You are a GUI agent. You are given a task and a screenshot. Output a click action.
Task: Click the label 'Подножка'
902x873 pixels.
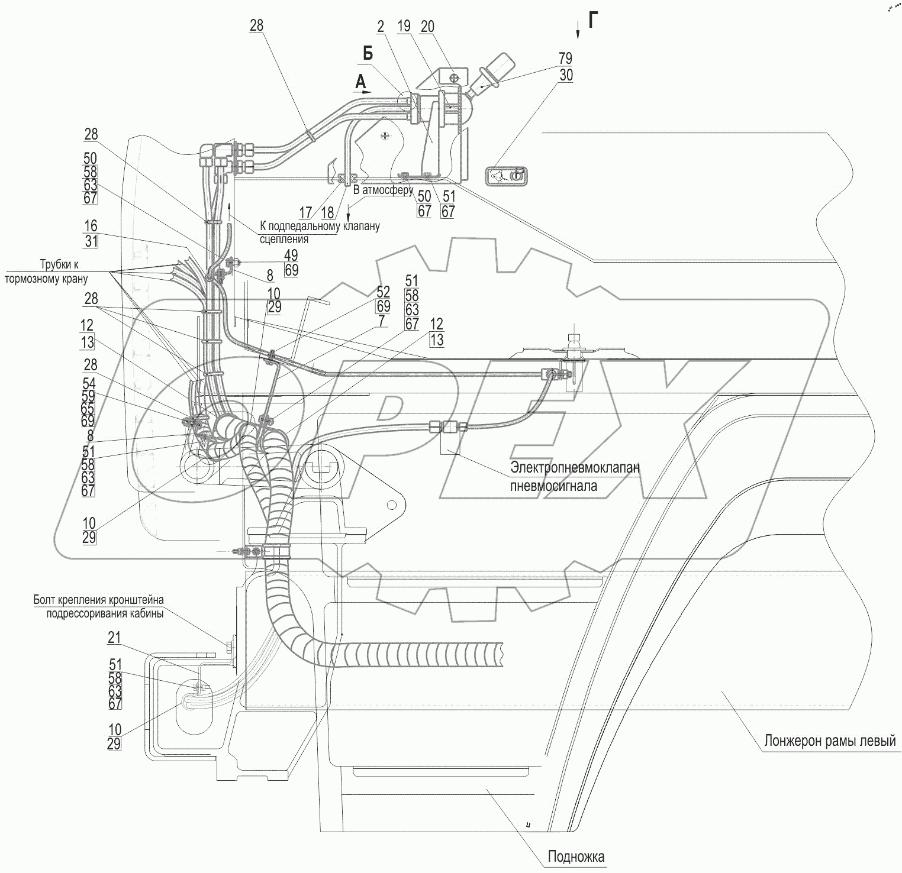576,856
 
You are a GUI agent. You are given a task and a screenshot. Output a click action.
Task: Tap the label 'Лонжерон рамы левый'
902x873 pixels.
829,741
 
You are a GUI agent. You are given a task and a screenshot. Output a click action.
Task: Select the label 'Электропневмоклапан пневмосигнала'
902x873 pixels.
575,476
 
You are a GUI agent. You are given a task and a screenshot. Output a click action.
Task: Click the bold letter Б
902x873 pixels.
368,54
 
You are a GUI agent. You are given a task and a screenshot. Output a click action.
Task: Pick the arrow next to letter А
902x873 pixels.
363,92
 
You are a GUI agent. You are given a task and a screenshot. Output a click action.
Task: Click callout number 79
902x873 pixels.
565,58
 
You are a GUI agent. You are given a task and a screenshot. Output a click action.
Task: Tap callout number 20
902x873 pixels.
427,26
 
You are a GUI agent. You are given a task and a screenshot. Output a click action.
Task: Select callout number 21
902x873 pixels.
114,637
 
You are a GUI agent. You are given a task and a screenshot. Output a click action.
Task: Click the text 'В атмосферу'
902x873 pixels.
383,191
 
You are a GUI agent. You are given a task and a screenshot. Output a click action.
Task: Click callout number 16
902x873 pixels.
91,227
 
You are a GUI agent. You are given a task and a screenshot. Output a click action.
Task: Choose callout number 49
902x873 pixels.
291,255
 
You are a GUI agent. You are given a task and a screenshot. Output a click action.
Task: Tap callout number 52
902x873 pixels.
383,292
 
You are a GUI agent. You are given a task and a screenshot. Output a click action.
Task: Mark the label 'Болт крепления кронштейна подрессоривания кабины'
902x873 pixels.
98,606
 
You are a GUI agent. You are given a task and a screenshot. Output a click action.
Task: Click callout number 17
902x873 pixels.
305,211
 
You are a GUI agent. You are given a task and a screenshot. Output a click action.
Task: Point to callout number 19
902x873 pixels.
404,26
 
